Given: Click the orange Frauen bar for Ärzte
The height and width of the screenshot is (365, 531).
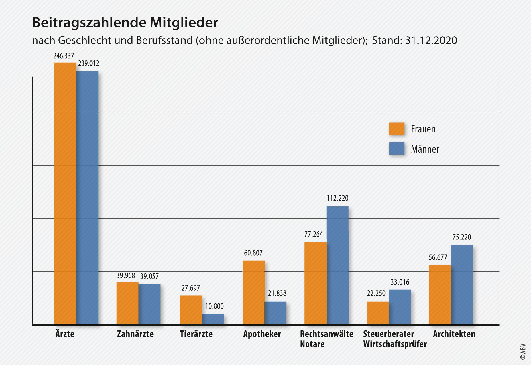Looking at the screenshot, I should pos(65,193).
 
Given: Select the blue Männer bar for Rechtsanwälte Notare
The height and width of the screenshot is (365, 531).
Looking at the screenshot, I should pos(337,265).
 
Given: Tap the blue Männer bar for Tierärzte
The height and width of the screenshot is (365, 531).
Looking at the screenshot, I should pos(213,319).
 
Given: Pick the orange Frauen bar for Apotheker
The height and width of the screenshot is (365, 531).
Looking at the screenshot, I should pos(253,292).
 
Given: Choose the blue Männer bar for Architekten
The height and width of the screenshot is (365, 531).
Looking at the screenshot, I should pos(462,284).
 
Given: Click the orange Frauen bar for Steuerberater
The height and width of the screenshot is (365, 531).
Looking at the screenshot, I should pos(378,313).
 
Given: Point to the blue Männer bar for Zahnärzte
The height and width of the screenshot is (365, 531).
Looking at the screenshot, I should pos(150,304).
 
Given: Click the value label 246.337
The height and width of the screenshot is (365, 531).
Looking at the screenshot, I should pos(64,56).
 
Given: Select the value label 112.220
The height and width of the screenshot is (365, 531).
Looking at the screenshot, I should pos(337,198).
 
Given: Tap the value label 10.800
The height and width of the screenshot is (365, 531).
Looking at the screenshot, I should pos(214,306).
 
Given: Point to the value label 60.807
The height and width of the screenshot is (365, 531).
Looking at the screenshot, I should pos(253,253).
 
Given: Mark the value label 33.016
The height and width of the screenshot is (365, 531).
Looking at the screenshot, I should pos(400,282).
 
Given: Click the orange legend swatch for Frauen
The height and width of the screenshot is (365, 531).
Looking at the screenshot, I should pos(397,129).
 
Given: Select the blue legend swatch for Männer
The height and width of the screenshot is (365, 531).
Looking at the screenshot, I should pos(397,149).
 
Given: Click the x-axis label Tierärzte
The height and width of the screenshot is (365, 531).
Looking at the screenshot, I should pos(196,334).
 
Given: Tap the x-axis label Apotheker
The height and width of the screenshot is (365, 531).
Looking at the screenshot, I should pos(262,334).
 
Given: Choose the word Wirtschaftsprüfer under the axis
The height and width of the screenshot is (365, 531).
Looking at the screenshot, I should pos(395,344).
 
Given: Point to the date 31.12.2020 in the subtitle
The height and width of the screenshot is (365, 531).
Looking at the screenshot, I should pos(431,40).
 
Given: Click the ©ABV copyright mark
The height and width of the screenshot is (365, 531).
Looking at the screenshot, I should pos(523,352).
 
